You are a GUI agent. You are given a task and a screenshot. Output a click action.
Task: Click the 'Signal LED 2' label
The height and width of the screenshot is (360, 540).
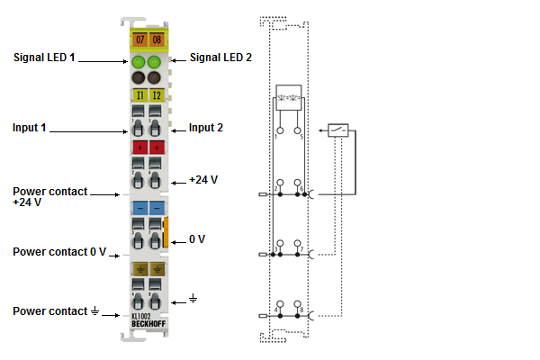click(220, 57)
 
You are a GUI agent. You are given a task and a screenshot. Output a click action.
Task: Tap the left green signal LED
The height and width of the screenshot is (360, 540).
click(139, 62)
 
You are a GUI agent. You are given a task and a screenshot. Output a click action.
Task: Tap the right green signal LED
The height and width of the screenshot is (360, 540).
click(155, 62)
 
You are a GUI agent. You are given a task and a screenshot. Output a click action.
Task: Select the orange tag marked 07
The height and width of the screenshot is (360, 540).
click(139, 40)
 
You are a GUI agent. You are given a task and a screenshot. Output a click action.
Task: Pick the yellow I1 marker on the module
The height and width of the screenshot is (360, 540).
click(139, 94)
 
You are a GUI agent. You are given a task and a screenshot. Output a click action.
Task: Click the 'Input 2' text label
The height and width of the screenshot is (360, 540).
click(206, 128)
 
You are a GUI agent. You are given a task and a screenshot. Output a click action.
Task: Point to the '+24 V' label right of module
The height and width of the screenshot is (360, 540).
click(204, 180)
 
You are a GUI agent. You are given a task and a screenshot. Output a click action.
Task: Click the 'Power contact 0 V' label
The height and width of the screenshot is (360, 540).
click(59, 251)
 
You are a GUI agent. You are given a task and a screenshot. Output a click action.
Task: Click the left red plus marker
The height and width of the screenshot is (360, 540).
click(139, 147)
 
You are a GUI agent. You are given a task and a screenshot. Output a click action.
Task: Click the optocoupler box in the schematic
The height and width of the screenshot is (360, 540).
click(291, 96)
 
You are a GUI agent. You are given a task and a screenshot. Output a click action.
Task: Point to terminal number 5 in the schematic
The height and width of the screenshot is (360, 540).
click(301, 138)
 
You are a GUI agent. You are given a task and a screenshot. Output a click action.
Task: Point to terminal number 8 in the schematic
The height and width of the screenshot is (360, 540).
click(301, 310)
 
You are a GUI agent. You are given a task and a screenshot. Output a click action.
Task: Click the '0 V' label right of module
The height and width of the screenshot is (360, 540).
click(197, 239)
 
